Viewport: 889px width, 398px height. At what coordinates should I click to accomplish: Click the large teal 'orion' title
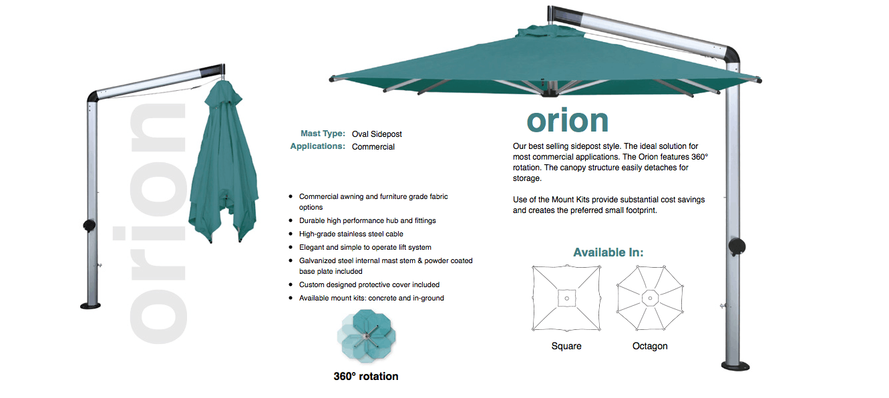(x=568, y=121)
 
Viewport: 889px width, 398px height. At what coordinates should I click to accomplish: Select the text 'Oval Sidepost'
(x=377, y=134)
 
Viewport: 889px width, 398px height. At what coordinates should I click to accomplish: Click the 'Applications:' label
(x=317, y=146)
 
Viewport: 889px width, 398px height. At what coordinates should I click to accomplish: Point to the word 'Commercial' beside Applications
(x=373, y=147)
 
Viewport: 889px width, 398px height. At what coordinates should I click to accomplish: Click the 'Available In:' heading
(x=608, y=252)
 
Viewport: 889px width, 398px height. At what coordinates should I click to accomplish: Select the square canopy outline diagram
(x=566, y=298)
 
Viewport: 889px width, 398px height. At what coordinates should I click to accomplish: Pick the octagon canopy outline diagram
(x=650, y=298)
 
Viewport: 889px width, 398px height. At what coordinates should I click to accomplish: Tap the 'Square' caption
(x=566, y=346)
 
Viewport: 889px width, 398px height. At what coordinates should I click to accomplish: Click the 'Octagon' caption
(x=650, y=346)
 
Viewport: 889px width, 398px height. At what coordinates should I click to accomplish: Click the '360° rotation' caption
(x=366, y=376)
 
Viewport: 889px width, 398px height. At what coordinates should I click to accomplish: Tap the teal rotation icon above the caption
(x=366, y=335)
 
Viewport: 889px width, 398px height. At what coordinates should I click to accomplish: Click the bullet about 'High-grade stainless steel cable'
(x=351, y=234)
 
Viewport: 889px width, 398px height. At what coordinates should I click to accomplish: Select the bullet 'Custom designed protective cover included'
(x=369, y=284)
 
